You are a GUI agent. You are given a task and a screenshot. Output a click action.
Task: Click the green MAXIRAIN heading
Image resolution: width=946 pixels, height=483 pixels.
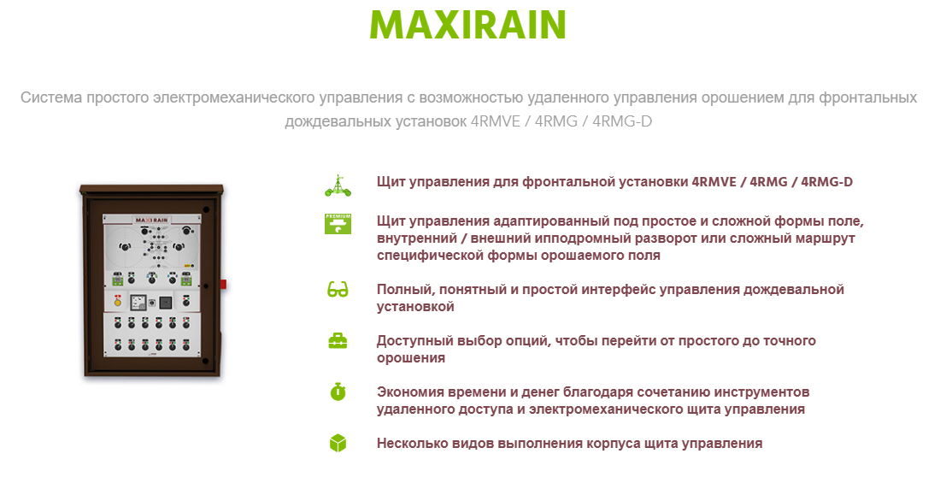[x=467, y=24]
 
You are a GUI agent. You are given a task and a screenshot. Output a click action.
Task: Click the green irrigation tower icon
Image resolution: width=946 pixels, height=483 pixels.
[x=338, y=186]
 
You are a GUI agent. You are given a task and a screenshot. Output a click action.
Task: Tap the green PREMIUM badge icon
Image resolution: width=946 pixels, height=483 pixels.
[x=338, y=223]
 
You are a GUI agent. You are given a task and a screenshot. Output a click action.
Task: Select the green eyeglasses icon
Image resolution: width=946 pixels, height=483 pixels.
[x=338, y=290]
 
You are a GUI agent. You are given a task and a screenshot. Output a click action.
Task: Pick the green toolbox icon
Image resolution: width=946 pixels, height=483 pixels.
[x=338, y=341]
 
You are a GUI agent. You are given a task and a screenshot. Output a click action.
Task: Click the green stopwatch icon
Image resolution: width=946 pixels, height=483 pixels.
[x=338, y=392]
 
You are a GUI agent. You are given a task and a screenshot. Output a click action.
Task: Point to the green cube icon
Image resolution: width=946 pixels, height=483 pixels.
[x=338, y=443]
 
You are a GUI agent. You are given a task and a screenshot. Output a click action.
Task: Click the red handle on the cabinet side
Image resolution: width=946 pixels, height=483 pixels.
[x=222, y=284]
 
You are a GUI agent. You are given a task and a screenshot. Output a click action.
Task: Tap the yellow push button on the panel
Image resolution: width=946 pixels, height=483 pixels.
[x=118, y=302]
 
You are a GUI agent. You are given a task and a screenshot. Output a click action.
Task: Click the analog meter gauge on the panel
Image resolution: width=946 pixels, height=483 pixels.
[x=138, y=301]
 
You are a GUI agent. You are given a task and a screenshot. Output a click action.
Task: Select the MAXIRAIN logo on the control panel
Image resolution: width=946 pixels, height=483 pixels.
[x=151, y=221]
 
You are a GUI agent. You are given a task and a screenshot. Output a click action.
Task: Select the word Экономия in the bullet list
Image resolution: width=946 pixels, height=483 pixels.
[x=410, y=392]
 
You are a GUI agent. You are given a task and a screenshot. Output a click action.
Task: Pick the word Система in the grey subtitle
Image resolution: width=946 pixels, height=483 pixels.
[x=50, y=97]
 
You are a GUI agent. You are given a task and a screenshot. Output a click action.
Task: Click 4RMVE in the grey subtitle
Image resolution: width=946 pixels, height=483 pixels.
[x=496, y=121]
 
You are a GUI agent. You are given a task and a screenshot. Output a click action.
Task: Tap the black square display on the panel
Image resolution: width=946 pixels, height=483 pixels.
[x=165, y=301]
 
